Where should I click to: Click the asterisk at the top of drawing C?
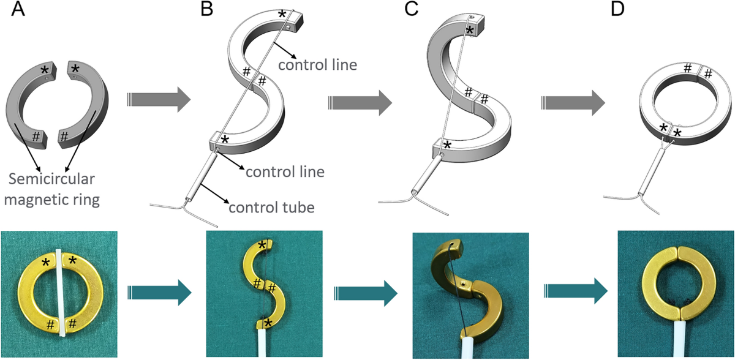(470, 30)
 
